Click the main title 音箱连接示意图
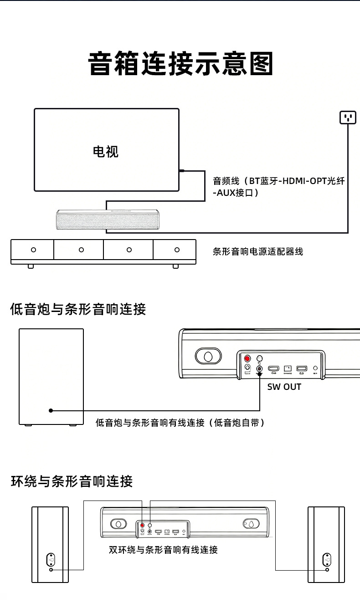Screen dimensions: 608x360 coord(181,64)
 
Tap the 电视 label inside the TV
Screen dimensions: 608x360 coord(106,151)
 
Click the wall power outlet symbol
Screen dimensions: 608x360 coord(348,118)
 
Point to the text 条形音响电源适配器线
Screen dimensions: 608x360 coord(257,251)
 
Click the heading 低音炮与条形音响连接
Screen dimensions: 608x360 coord(78,309)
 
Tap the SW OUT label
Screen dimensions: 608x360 coord(284,387)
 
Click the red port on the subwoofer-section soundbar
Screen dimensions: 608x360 coord(248,358)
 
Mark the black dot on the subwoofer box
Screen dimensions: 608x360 coord(51,410)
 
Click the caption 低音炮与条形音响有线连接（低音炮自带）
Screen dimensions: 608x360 coord(180,423)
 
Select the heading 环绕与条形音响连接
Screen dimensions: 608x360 coord(72,481)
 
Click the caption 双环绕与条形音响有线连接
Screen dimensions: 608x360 coord(163,550)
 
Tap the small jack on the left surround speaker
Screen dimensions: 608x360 coord(51,569)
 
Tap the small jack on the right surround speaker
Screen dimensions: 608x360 coord(327,569)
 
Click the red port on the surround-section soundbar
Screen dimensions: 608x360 coord(143,526)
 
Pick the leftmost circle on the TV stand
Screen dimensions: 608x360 coord(33,250)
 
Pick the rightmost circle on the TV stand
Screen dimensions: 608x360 coord(177,250)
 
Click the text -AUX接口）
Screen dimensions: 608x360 coord(236,193)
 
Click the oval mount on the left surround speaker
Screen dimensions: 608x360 coord(51,559)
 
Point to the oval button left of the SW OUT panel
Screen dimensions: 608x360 coord(208,356)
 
